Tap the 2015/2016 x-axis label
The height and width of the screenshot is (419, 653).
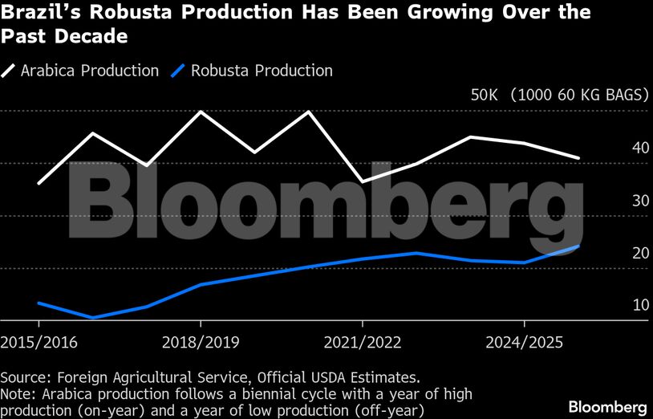[x=39, y=342]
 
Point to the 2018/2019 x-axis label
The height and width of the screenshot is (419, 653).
[x=201, y=342]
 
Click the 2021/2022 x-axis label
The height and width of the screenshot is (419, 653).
[x=363, y=342]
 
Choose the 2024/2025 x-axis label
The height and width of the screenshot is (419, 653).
[x=524, y=342]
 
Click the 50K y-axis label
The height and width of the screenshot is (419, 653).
[x=485, y=95]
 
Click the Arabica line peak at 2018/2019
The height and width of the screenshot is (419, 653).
[x=201, y=112]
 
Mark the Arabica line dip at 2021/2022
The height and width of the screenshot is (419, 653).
[x=363, y=182]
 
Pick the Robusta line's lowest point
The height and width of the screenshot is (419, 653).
[x=93, y=318]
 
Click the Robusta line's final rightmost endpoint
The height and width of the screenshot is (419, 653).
[x=578, y=246]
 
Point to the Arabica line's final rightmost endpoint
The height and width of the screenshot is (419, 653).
[x=578, y=158]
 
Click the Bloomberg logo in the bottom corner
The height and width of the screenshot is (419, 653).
[x=607, y=406]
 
